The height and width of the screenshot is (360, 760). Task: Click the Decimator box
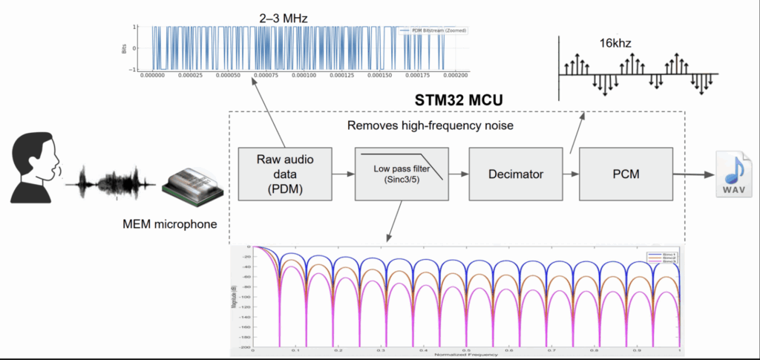516,175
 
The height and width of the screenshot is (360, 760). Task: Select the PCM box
626,175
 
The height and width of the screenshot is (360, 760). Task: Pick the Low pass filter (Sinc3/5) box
402,175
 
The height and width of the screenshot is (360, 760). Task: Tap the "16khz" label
616,43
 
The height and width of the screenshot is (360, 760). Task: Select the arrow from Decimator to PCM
571,175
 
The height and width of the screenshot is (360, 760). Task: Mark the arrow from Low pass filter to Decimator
459,175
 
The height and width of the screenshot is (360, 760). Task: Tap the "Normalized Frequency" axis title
465,354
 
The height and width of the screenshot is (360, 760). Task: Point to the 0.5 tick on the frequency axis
465,348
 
